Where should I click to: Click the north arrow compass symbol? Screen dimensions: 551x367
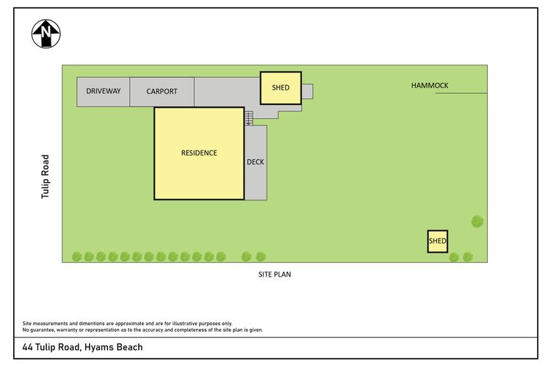click(46, 34)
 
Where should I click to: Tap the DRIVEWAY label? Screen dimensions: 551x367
click(104, 91)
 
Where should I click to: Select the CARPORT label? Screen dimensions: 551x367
click(162, 91)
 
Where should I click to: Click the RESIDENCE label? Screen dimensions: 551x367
click(199, 153)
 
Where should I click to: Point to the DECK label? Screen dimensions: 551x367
click(256, 162)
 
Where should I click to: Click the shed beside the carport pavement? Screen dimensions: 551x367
click(281, 88)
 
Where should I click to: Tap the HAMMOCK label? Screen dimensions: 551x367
click(430, 85)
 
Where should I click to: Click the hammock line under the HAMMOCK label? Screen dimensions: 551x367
click(461, 93)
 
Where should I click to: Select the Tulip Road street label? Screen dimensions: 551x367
click(45, 177)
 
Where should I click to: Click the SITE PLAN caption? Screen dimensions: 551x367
click(275, 275)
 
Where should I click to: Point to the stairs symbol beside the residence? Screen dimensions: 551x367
click(249, 118)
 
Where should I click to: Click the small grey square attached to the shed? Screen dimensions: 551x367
click(308, 91)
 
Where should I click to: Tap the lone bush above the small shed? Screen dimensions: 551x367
click(478, 221)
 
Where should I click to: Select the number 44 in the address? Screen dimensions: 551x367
click(27, 347)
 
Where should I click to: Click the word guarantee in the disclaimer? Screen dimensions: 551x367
click(41, 330)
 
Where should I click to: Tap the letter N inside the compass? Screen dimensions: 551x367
click(46, 32)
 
